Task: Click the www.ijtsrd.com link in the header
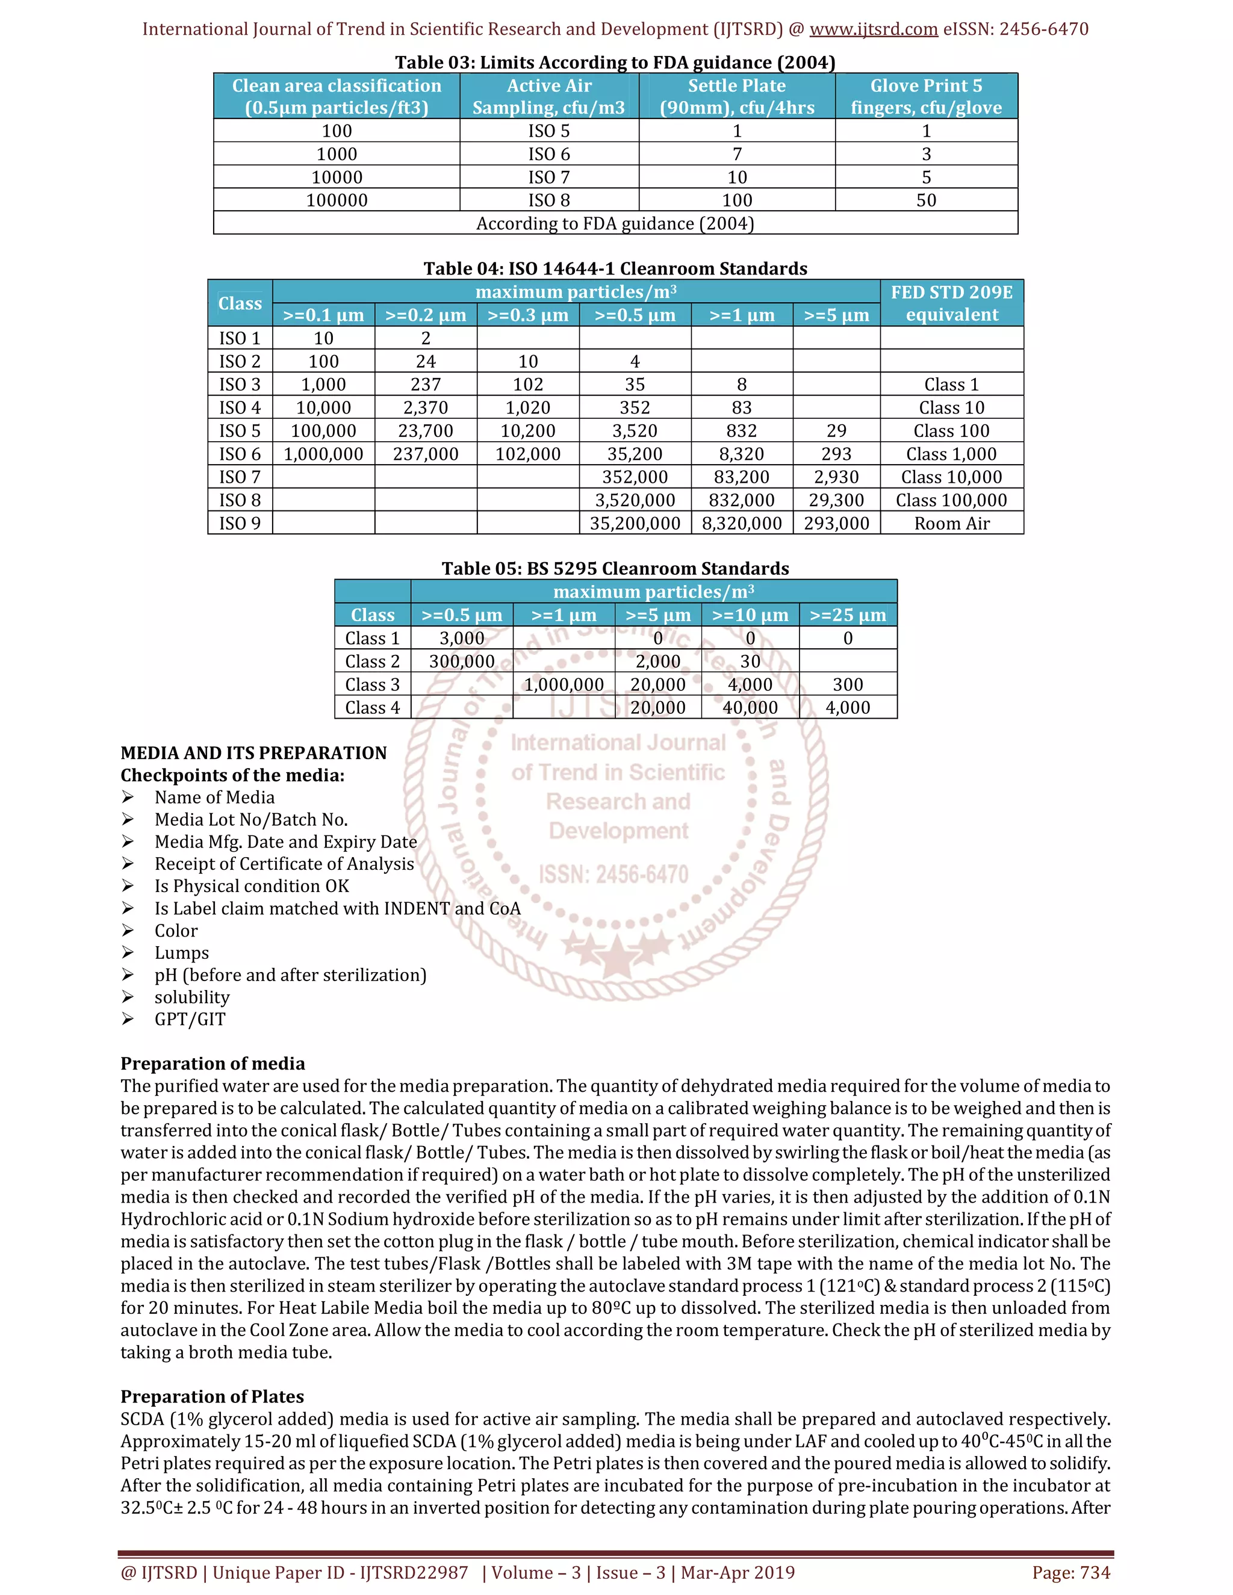(x=873, y=29)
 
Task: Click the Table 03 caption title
(x=615, y=62)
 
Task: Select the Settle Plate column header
(x=736, y=96)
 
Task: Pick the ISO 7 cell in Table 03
(x=548, y=178)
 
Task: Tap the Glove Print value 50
(x=925, y=200)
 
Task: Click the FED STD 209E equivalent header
(x=951, y=303)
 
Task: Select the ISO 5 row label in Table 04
(x=240, y=431)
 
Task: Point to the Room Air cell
(x=951, y=524)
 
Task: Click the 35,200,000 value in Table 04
(x=635, y=524)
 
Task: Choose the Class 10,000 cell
(x=951, y=477)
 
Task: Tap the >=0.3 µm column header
(x=527, y=315)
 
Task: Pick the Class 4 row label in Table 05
(x=373, y=708)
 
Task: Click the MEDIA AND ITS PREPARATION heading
(x=253, y=753)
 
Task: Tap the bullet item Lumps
(x=181, y=953)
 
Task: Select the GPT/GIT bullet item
(x=190, y=1020)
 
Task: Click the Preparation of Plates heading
(x=212, y=1396)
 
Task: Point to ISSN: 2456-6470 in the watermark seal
(x=613, y=874)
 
